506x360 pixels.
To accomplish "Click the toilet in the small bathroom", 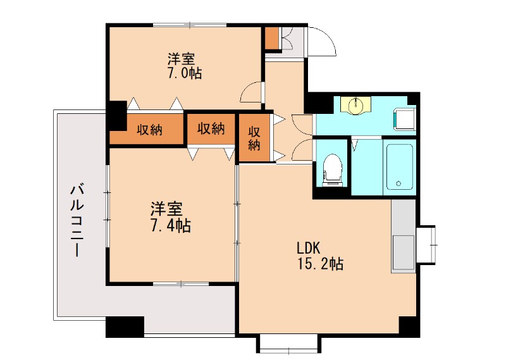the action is tap(332, 170).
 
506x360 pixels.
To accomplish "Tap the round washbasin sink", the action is tap(356, 104).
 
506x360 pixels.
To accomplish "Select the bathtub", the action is tap(399, 167).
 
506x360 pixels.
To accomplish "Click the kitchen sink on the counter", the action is tap(404, 252).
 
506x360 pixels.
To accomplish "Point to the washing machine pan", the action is tap(404, 120).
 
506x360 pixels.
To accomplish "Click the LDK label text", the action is tap(309, 248).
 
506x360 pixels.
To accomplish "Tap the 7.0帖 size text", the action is tap(184, 73).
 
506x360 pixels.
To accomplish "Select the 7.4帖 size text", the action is tap(171, 226).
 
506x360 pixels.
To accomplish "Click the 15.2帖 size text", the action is tap(320, 264).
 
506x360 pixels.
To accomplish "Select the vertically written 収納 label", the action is tap(254, 139).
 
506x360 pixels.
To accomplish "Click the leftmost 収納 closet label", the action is tap(149, 130).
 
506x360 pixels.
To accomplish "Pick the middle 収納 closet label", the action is tap(211, 128).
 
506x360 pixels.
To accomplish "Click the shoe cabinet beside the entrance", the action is tap(272, 37).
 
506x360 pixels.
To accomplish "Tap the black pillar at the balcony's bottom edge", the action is tap(125, 326).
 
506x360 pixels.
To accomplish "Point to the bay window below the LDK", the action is tap(289, 344).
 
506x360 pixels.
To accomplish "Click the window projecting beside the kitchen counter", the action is tap(426, 245).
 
